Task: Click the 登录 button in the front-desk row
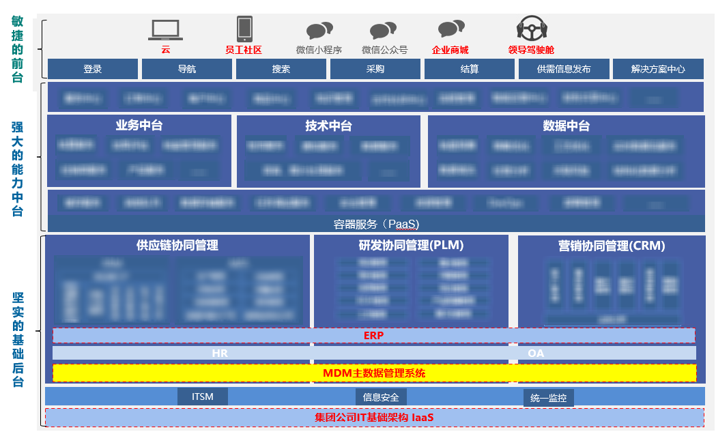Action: point(92,69)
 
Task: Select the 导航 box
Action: point(186,69)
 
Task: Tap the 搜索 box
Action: point(281,69)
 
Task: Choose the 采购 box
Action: point(375,69)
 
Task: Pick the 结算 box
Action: point(469,69)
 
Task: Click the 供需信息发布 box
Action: point(563,69)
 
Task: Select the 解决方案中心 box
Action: point(657,69)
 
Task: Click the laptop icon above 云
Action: point(165,29)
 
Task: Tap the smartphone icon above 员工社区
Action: point(244,29)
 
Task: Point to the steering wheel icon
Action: point(532,29)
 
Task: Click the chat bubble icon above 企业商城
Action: point(450,29)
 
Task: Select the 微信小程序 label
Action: point(319,50)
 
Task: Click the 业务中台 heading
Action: point(139,126)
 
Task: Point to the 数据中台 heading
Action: point(566,126)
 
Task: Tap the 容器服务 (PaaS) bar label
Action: point(376,224)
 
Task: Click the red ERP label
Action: point(373,335)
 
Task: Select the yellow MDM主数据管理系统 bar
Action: point(374,373)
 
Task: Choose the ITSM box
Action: point(203,396)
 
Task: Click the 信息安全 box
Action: point(381,397)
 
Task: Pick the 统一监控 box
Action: point(549,398)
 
